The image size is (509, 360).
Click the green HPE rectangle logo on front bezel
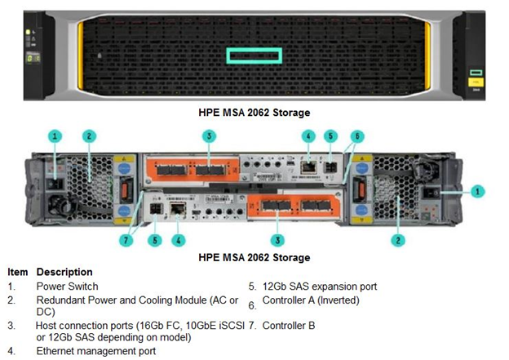tap(254, 56)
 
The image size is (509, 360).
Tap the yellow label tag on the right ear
tap(476, 82)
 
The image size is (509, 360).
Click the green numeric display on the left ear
tap(33, 59)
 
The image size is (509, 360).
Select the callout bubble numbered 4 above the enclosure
tap(308, 136)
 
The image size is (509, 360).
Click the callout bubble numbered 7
tap(126, 241)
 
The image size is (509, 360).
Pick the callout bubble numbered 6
tap(357, 136)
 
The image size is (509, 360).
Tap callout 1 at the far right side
tap(477, 192)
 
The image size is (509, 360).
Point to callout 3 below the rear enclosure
tap(277, 241)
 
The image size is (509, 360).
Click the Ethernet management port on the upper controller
tap(308, 167)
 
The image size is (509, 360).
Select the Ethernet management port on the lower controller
tap(178, 208)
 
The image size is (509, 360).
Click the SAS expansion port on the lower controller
tap(156, 209)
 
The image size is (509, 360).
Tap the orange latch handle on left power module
tap(124, 189)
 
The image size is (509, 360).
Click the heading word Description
tap(64, 272)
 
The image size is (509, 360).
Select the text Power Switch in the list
tap(67, 287)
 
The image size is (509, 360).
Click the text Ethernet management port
tap(96, 351)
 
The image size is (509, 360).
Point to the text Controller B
tap(289, 325)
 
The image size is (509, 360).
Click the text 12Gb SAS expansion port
tap(320, 287)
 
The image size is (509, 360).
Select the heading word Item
tap(17, 272)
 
